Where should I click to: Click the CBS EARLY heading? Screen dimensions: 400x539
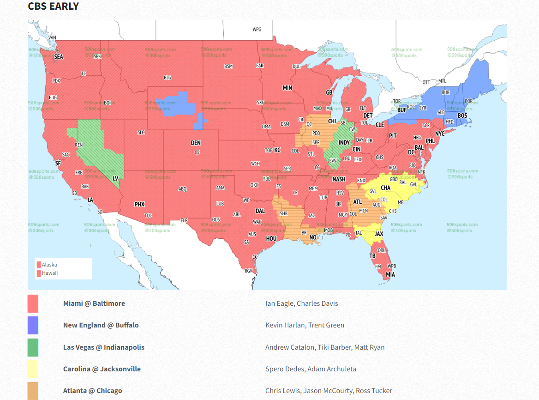(54, 6)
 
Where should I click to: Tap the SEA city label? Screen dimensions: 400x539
(59, 57)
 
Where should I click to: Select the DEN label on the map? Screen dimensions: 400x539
(196, 143)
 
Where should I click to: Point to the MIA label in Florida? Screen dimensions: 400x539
(390, 274)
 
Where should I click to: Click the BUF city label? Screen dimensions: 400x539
(402, 110)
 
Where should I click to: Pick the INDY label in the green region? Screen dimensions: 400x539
(344, 143)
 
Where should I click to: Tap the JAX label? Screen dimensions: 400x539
(379, 234)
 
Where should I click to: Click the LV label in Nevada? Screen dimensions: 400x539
(116, 178)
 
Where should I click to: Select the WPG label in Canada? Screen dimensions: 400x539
(257, 30)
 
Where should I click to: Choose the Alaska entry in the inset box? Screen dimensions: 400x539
(49, 265)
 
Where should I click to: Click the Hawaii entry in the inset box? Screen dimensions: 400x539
(50, 273)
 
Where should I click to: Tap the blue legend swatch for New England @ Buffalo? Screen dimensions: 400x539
(33, 325)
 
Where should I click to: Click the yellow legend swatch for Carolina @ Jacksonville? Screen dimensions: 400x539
(33, 369)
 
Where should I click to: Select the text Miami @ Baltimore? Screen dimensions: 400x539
(94, 303)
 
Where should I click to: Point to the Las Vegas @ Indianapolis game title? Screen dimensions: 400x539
(104, 347)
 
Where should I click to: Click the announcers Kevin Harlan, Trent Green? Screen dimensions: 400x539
(305, 325)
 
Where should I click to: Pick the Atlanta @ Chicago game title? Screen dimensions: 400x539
(93, 391)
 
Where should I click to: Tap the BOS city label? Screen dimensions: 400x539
(462, 115)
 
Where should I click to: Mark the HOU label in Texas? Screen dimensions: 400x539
(271, 239)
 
